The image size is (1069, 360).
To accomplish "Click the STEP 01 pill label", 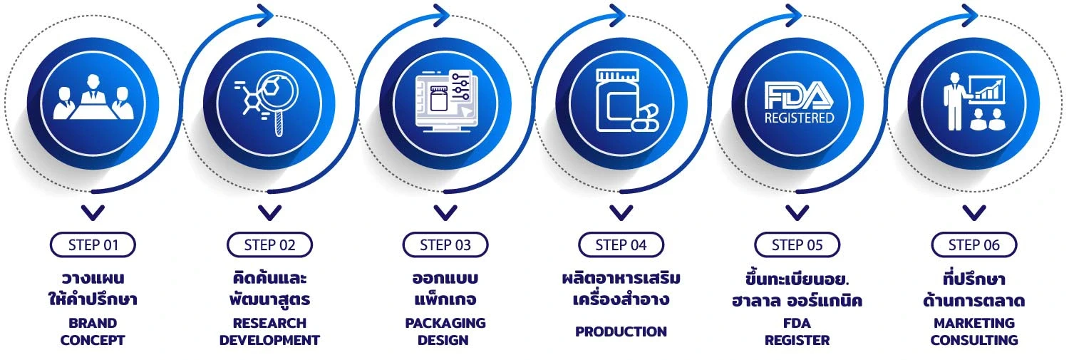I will (93, 245).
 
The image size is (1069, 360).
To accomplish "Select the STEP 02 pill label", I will (269, 245).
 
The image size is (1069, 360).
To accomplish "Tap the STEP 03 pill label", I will (445, 245).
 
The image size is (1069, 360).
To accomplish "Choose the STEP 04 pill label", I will (621, 245).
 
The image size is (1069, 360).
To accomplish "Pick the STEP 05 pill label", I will (797, 245).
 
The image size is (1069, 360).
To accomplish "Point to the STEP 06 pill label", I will (974, 245).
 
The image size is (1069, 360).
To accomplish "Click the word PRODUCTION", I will (621, 331).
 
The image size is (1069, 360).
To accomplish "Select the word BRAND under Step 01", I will (93, 323).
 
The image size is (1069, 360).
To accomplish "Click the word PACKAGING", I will (445, 323).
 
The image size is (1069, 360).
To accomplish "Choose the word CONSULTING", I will (974, 340).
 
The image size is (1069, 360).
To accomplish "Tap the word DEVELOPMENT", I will (269, 340).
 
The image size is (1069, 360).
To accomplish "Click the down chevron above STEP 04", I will (621, 212).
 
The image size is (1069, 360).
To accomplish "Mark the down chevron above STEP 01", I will (93, 212).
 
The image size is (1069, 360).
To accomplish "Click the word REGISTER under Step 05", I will (797, 340).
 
